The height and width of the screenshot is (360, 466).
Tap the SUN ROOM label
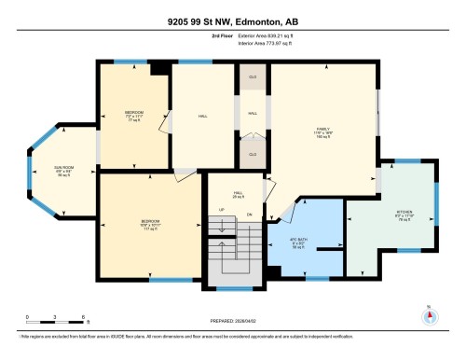click(62, 171)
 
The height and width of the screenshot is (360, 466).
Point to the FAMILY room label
click(323, 132)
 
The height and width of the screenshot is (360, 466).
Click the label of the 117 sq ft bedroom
click(148, 225)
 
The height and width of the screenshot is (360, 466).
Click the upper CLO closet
click(252, 79)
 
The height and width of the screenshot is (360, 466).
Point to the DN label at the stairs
click(250, 215)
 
